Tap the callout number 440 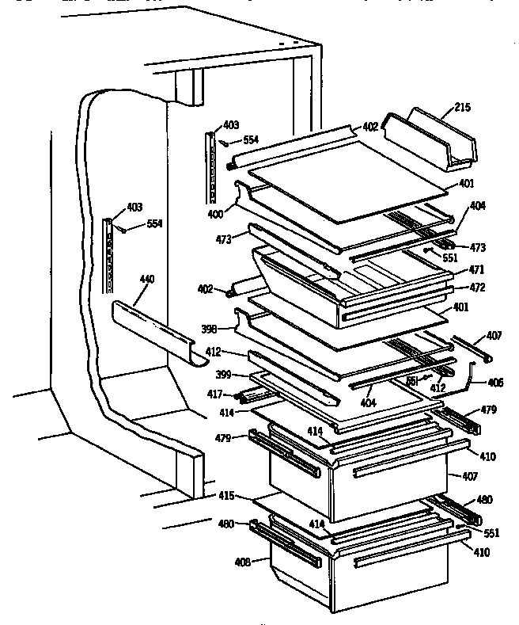[146, 279]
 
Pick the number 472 [476, 288]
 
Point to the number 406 [494, 383]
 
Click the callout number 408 [242, 562]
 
